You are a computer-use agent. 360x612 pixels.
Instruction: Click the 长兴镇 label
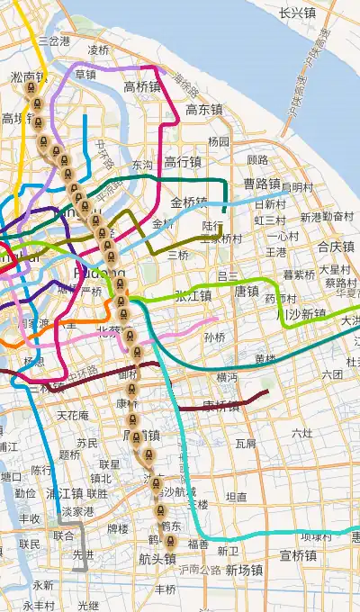297,13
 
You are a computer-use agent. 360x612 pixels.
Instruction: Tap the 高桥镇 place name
142,87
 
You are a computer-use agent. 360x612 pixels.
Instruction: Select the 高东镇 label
204,110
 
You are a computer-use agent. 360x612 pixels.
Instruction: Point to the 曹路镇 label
262,184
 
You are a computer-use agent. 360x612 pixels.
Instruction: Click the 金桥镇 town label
189,202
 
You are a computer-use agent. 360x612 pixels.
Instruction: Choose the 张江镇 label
193,295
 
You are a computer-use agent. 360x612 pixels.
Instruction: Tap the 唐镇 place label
247,292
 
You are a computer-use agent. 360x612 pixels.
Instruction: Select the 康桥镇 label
221,406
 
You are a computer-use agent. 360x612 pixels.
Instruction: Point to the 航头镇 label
157,559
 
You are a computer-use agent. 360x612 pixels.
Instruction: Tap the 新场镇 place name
244,570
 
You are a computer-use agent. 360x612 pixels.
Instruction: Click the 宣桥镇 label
298,555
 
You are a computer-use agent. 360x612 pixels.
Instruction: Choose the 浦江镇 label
65,493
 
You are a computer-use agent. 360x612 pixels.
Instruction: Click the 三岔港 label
54,41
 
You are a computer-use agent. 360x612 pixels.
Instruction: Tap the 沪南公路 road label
199,570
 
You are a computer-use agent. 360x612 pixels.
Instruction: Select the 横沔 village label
228,377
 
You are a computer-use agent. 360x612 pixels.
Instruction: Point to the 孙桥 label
214,337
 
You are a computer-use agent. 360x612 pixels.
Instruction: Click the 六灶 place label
302,433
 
